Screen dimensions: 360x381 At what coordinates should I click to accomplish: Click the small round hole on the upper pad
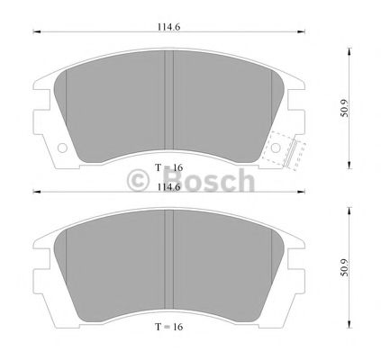[62, 148]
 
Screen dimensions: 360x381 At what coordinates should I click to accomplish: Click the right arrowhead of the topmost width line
[304, 33]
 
